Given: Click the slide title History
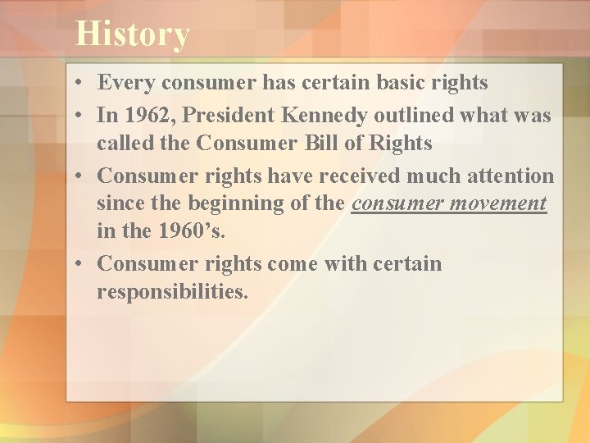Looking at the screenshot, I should (x=132, y=34).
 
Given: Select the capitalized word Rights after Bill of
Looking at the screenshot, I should (x=401, y=144).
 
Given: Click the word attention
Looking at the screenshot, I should (x=509, y=176).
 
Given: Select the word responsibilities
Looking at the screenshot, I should (x=172, y=291).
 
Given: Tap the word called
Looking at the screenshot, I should (x=122, y=144).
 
